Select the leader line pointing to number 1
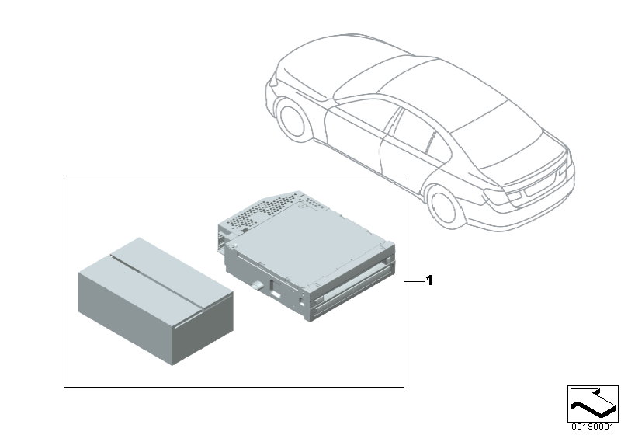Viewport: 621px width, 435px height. pos(413,280)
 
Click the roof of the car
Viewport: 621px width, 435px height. pos(404,85)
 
